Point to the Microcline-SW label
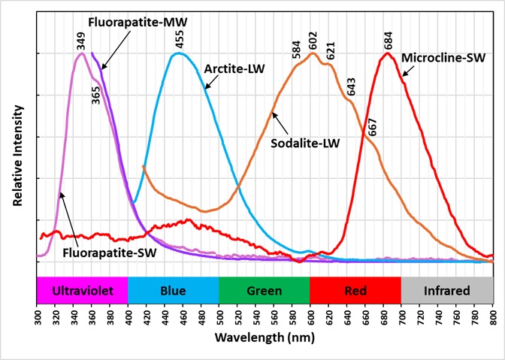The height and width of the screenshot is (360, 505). tap(443, 56)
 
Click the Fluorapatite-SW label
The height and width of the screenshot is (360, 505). tap(109, 253)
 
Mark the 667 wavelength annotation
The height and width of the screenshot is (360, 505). tap(373, 126)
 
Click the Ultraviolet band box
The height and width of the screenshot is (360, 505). tap(83, 290)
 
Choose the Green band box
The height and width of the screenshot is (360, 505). tap(265, 290)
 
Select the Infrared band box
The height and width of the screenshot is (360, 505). tap(446, 290)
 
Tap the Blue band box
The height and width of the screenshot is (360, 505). tap(174, 290)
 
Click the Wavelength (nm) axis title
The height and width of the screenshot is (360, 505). tap(264, 336)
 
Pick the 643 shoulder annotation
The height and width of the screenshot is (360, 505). tap(352, 87)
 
